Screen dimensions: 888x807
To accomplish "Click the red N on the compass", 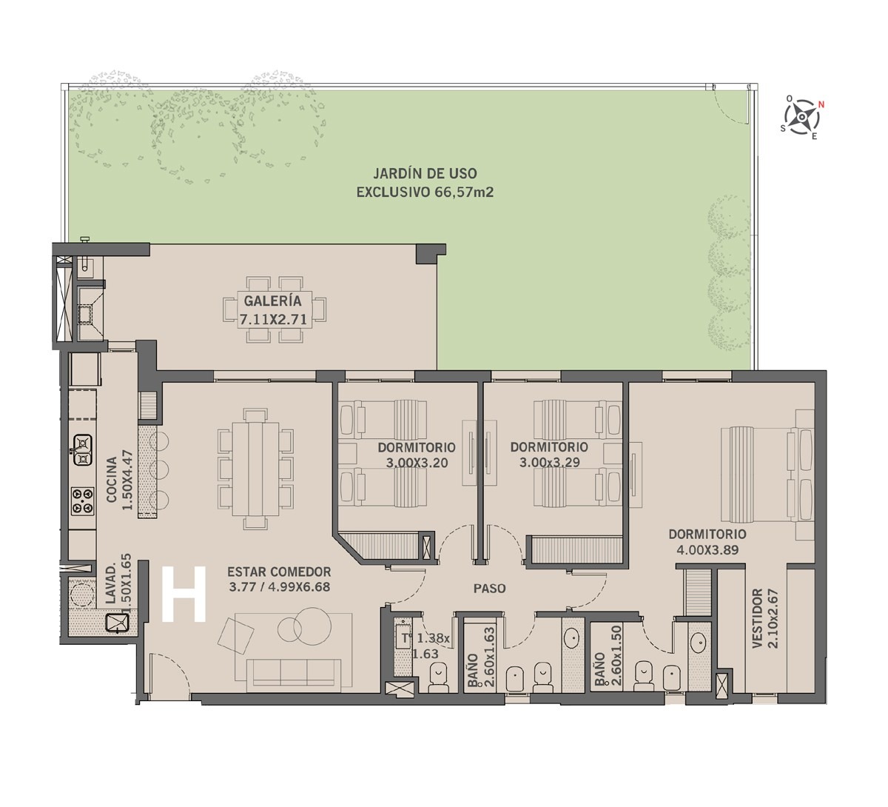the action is [x=821, y=105].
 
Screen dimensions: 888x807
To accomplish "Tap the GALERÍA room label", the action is [x=272, y=301].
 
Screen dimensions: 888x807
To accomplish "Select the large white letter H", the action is [x=184, y=594].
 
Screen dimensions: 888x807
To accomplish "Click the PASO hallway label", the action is [x=490, y=588].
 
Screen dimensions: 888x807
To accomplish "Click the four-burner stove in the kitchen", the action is [x=83, y=501].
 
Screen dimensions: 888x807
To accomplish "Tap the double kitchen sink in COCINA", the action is [x=82, y=450].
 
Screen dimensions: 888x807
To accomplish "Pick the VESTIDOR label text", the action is [x=758, y=618].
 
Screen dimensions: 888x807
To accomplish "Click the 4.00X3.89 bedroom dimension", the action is [x=708, y=550].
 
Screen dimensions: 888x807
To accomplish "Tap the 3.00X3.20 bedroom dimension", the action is [x=417, y=463].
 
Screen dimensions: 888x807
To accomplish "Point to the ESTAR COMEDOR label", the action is [x=279, y=572].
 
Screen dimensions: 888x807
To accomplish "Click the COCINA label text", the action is [x=112, y=480].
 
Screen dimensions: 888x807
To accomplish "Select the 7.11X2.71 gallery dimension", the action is [x=273, y=319].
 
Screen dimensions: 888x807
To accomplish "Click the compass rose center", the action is [x=801, y=117].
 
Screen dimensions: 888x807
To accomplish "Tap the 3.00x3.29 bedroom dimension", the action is [x=549, y=463].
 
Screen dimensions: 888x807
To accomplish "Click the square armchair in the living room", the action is [x=235, y=635].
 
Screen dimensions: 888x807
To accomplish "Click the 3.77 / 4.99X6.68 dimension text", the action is [x=279, y=587].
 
